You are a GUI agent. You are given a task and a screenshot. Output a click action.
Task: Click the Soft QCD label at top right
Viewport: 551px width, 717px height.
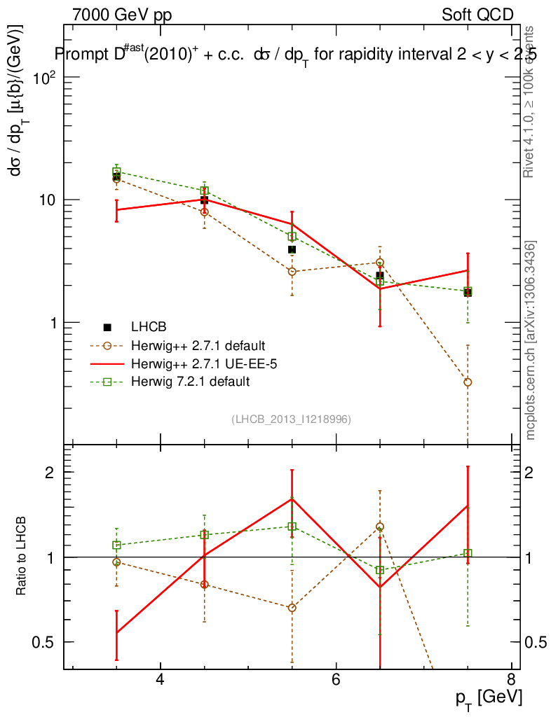pos(477,15)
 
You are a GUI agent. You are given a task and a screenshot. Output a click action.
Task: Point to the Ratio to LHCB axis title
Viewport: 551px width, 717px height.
pos(22,557)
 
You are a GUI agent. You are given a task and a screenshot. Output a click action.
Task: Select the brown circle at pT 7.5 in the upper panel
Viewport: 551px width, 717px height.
pos(468,382)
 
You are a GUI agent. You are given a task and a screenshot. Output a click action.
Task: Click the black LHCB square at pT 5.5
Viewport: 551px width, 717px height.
pos(292,249)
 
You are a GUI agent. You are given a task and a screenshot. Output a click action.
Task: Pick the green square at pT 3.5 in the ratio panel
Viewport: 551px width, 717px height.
pos(117,545)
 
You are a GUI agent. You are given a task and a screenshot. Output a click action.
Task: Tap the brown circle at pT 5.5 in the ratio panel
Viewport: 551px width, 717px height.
pos(292,608)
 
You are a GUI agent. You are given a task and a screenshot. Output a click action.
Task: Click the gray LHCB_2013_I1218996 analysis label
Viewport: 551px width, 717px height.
pos(291,419)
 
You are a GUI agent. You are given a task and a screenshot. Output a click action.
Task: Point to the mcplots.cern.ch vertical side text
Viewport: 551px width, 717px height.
pos(531,340)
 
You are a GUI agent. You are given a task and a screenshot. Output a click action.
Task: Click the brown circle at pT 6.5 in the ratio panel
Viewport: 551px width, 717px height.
pos(380,527)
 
